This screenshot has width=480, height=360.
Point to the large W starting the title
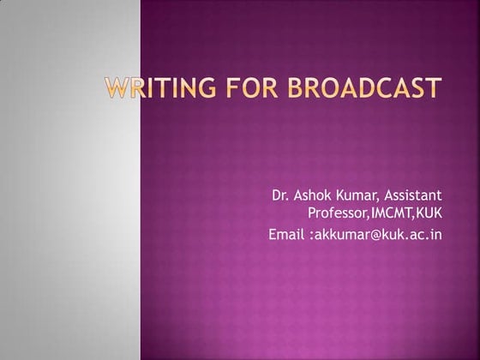[117, 87]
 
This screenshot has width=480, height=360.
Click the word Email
[285, 233]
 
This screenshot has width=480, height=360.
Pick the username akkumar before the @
[338, 233]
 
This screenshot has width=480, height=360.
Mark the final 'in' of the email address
[436, 233]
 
